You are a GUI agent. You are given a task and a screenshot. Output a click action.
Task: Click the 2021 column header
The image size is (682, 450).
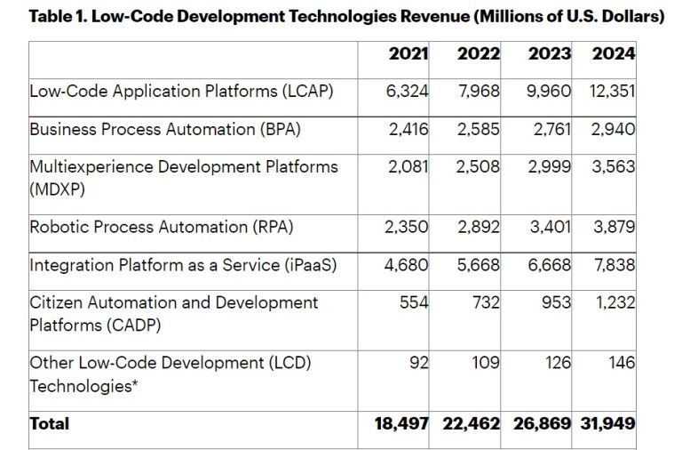click(x=408, y=53)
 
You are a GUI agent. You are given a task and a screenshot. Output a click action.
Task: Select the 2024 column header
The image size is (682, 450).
click(x=614, y=53)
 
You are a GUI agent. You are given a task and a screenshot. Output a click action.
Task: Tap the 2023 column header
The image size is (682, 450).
click(x=549, y=53)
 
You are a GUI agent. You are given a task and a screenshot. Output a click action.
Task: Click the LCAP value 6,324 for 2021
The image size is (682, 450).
click(x=408, y=91)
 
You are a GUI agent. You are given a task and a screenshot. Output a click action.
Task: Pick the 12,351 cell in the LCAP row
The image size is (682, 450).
click(x=613, y=91)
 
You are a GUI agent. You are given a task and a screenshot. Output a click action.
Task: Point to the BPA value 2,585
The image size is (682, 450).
click(x=479, y=129)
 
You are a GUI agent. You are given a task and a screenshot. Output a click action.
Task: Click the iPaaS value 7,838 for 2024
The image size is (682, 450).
click(x=614, y=264)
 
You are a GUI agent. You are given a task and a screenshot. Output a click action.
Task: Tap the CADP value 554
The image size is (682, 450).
click(x=414, y=302)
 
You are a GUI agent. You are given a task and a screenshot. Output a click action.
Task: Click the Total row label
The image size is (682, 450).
click(x=50, y=424)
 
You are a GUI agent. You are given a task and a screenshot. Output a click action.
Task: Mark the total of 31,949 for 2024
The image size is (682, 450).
click(x=609, y=424)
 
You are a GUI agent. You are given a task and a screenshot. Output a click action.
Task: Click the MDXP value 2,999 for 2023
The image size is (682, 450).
click(x=550, y=166)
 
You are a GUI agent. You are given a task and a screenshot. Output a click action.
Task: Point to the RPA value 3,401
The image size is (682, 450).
click(x=550, y=226)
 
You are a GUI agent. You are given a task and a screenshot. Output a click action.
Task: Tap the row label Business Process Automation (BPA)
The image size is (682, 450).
click(x=165, y=129)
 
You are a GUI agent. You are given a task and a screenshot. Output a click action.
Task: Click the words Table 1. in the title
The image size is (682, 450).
click(x=59, y=17)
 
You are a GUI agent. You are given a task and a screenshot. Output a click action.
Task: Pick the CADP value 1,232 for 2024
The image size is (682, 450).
click(x=615, y=302)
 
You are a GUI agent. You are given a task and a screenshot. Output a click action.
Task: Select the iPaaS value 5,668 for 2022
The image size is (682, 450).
click(x=479, y=264)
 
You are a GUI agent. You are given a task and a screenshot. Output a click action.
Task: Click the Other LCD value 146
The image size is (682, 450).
click(x=622, y=363)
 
